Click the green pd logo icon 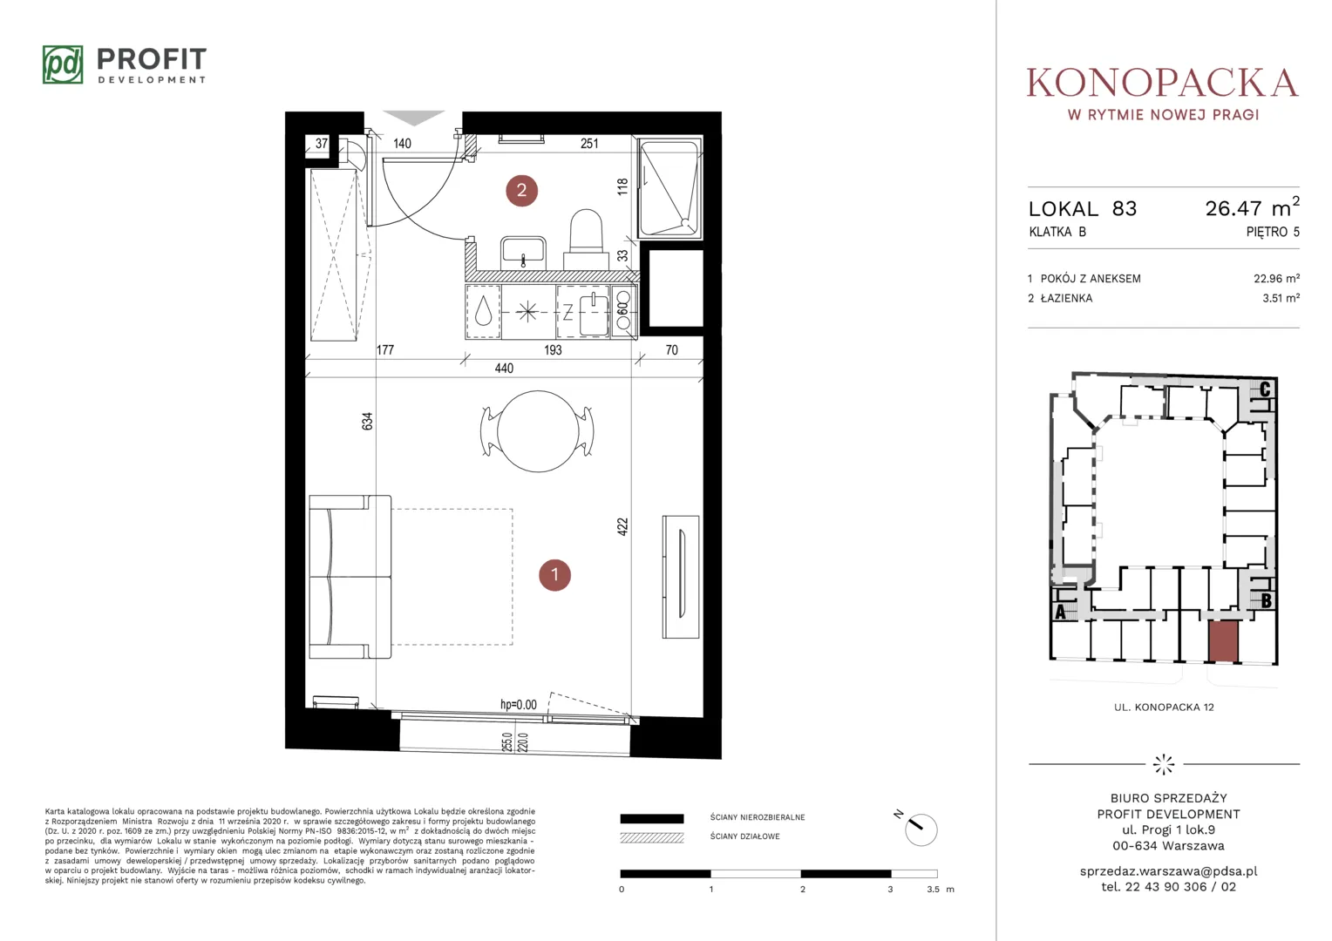click(63, 64)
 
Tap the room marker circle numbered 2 click(521, 190)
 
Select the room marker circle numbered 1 click(554, 575)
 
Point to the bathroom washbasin click(523, 254)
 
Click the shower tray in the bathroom click(670, 188)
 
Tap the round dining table click(538, 431)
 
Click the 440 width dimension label click(504, 369)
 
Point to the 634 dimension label click(368, 421)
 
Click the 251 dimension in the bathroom click(589, 143)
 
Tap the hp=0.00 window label click(519, 704)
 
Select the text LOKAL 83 click(1083, 208)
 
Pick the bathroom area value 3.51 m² click(1281, 298)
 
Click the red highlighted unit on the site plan click(1223, 640)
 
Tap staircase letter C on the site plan click(1265, 389)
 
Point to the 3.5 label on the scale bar click(933, 890)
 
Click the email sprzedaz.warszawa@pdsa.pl click(1168, 871)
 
